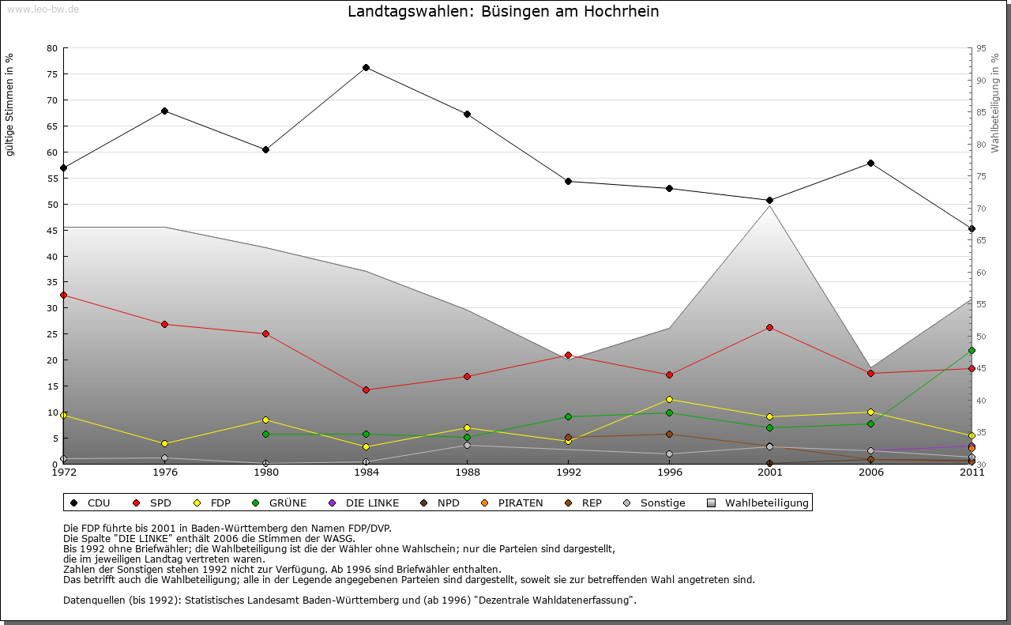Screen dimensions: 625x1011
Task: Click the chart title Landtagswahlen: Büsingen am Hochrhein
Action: click(503, 12)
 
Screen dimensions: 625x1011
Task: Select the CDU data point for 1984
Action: click(366, 67)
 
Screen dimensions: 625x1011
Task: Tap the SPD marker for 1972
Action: click(63, 295)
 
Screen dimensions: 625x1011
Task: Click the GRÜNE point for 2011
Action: click(972, 350)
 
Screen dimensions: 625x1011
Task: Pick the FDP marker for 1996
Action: click(669, 399)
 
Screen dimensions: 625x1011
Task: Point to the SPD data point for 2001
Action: click(770, 327)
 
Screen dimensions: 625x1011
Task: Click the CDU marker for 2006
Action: click(870, 163)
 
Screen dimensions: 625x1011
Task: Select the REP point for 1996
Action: click(669, 434)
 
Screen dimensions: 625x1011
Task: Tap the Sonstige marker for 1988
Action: click(468, 445)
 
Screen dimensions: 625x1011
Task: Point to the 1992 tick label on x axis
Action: click(568, 473)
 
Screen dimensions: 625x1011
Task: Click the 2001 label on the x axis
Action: click(770, 473)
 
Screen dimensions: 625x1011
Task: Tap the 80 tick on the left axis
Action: click(52, 48)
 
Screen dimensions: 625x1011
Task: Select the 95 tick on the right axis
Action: click(981, 48)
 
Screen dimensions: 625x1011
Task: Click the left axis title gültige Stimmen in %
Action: click(10, 105)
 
